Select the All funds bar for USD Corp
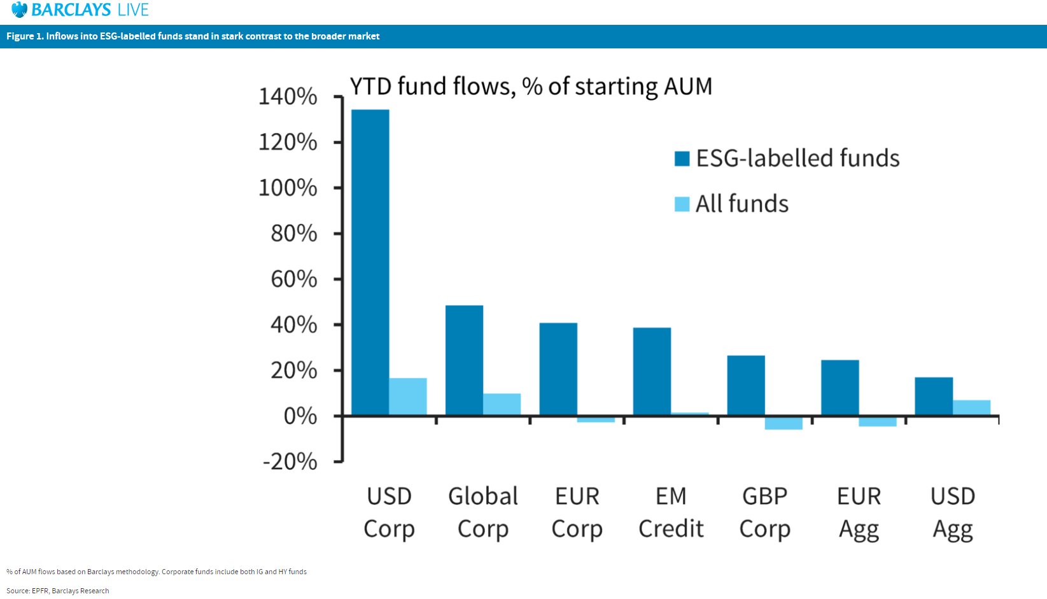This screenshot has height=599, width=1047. point(408,397)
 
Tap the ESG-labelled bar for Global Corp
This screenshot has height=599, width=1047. point(464,360)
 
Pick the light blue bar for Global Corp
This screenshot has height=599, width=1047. point(502,404)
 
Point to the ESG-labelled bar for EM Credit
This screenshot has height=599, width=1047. point(652,372)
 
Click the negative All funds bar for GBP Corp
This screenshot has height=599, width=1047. point(783,423)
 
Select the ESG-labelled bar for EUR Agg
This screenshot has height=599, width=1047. point(840,388)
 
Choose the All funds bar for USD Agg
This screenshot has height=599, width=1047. point(971,408)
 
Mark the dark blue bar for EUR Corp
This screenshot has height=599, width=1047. point(558,369)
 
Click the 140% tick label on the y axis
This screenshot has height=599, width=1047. point(288,97)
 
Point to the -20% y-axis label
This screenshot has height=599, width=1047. point(290,462)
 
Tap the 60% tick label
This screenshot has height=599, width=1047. point(293,279)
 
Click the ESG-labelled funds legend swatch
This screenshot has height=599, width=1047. point(682,159)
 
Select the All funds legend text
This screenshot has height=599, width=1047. point(741,204)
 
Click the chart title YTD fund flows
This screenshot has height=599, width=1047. point(531,86)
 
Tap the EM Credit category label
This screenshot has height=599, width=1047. point(671,512)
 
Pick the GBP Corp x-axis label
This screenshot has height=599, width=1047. point(764,512)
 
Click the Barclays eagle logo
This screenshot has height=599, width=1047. point(20,10)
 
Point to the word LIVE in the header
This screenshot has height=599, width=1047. point(132,10)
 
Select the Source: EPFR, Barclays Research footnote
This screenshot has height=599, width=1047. point(58,591)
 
